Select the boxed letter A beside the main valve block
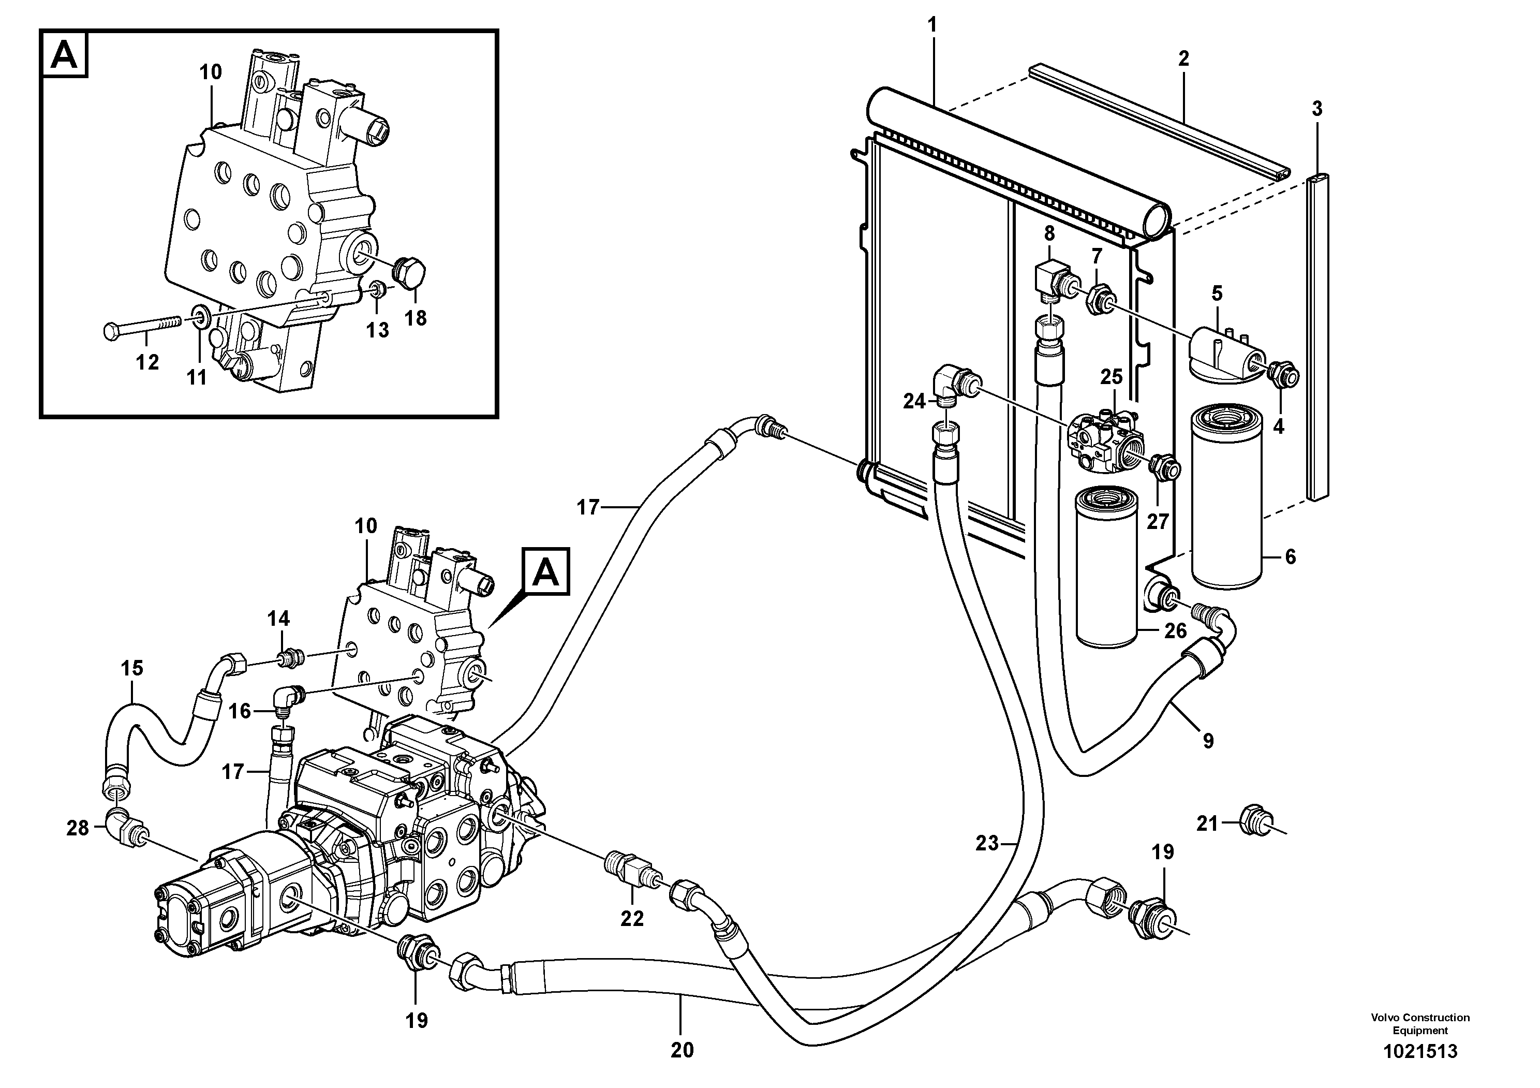[546, 571]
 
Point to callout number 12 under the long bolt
[147, 362]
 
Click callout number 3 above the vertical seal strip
[1316, 109]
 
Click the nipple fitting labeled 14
[290, 658]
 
